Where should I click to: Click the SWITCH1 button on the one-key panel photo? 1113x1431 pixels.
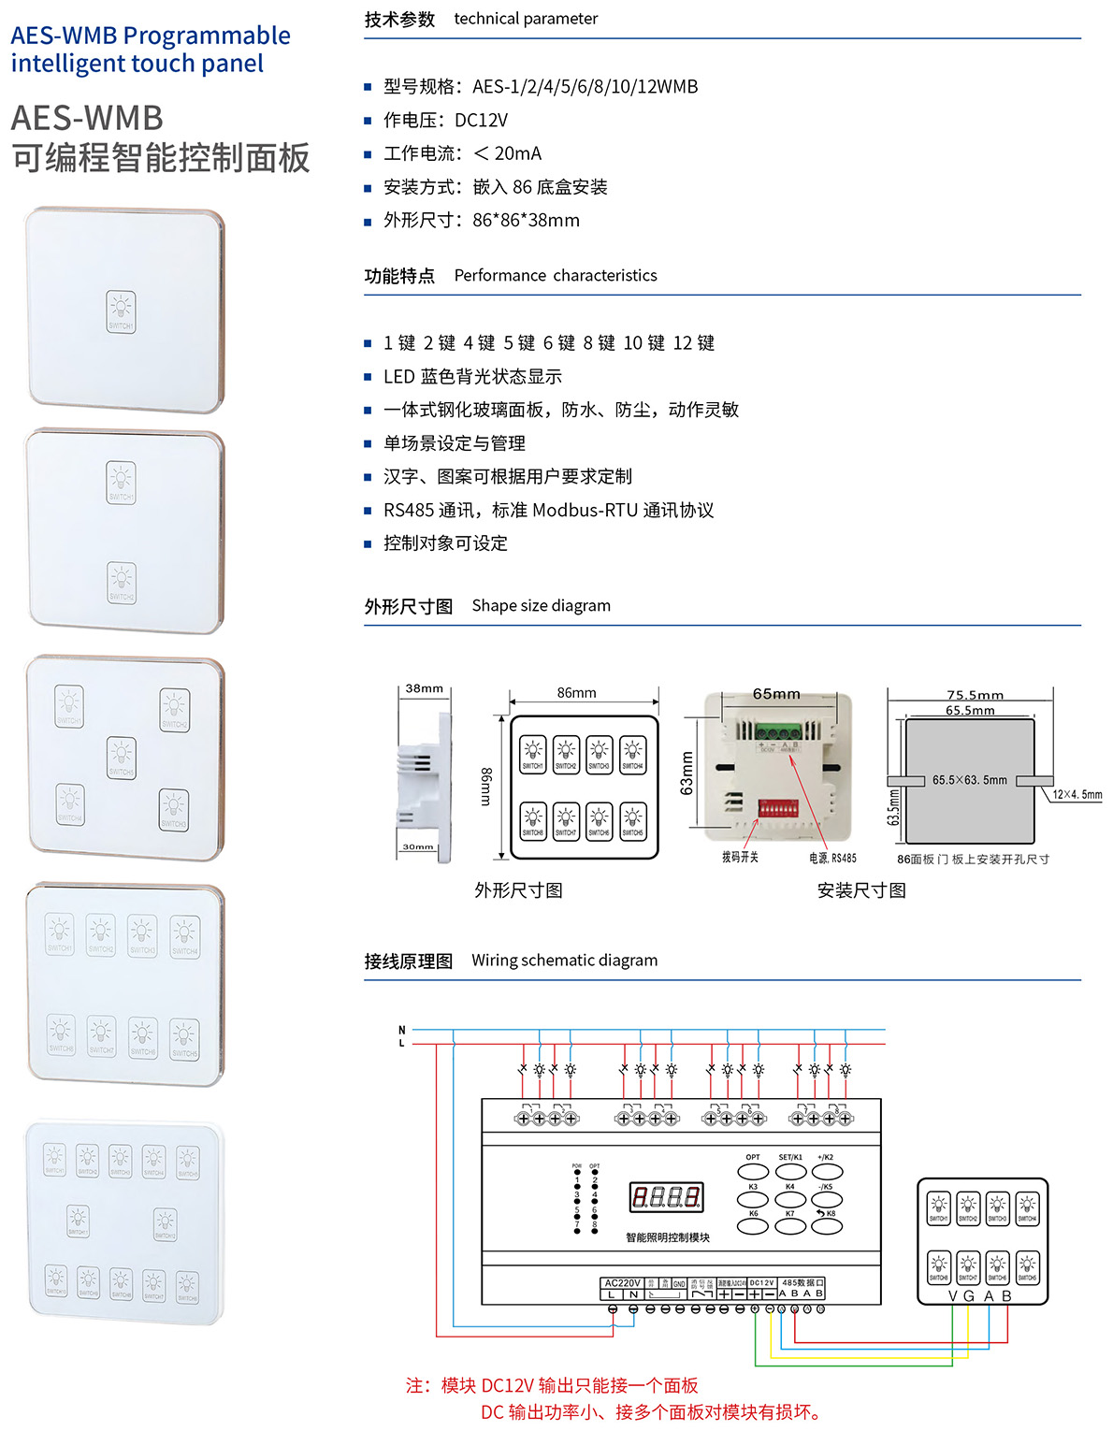pos(121,311)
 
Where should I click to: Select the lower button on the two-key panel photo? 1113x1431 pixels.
pos(122,582)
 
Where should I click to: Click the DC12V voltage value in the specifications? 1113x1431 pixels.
pos(481,121)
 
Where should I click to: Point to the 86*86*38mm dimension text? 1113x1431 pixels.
pos(526,221)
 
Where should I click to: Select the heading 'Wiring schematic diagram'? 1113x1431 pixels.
pos(564,961)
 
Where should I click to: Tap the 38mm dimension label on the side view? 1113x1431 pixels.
pos(424,688)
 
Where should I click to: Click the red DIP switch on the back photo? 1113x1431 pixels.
pos(777,807)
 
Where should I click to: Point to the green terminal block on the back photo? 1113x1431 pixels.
pos(777,733)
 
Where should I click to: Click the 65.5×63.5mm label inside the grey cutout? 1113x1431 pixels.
pos(969,780)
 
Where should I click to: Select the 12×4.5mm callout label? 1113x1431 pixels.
pos(1077,795)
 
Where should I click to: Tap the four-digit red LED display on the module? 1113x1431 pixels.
pos(666,1196)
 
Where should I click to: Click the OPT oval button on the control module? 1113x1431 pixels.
pos(753,1171)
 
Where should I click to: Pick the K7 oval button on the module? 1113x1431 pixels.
pos(790,1225)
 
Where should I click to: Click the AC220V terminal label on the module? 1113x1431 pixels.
pos(622,1283)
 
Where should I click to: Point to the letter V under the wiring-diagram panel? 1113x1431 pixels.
pos(953,1296)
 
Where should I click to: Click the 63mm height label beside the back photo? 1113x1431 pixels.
pos(687,773)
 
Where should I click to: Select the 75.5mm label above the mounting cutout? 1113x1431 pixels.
pos(975,695)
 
